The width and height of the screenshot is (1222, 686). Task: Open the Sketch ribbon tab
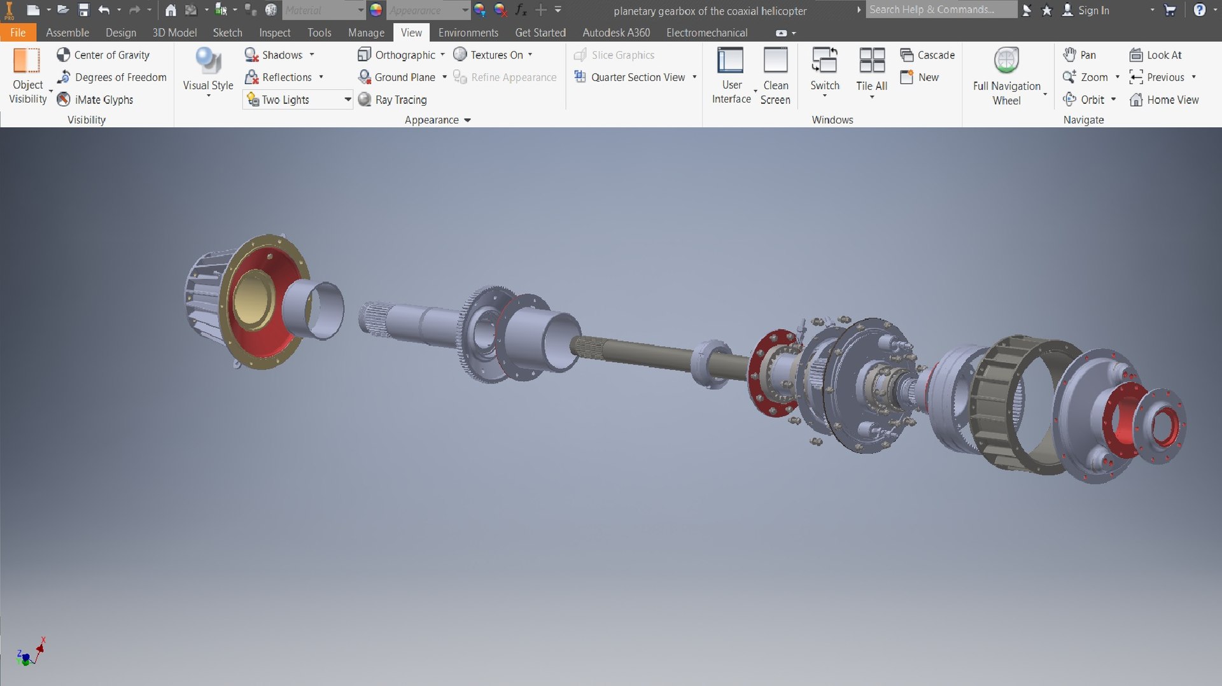coord(227,32)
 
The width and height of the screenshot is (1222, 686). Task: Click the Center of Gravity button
coord(104,55)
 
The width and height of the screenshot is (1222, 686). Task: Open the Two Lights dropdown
coord(348,99)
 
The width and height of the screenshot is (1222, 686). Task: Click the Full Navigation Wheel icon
coord(1006,61)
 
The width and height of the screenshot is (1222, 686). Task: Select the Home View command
coord(1164,100)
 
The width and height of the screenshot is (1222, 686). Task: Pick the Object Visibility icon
coord(27,62)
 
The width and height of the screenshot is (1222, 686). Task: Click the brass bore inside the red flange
coord(253,299)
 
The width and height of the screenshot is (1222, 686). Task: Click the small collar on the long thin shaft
coord(712,363)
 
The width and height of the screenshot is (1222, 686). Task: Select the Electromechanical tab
coord(706,32)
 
